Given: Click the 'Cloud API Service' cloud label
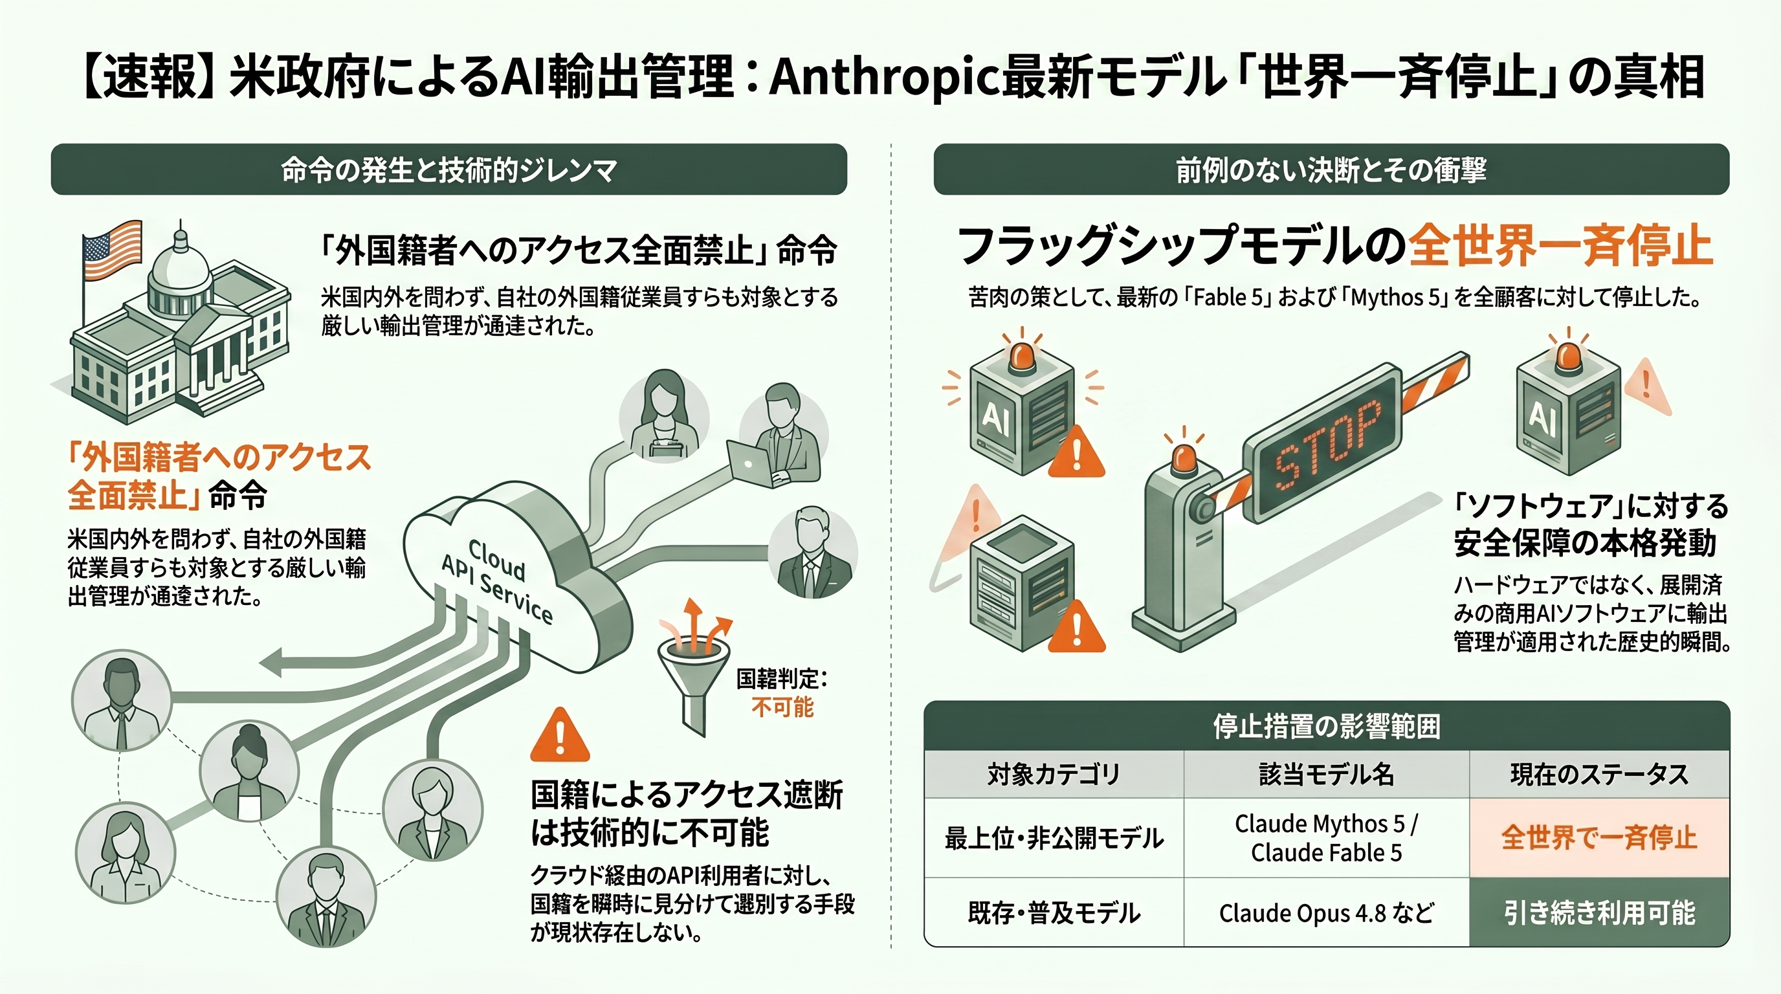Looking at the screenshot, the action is click(497, 580).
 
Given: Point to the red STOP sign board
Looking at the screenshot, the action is click(1322, 443).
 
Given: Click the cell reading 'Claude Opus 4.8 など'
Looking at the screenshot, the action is click(1326, 913).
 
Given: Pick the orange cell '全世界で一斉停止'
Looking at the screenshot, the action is click(1598, 838).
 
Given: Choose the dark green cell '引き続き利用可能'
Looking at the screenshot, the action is click(1598, 913).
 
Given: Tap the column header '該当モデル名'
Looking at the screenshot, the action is click(1326, 775).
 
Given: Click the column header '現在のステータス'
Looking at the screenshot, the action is click(1598, 775).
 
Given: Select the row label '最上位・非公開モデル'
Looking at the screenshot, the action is click(1054, 839).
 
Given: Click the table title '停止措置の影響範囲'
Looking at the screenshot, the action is click(1326, 727).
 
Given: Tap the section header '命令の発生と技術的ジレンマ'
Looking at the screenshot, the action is click(448, 170).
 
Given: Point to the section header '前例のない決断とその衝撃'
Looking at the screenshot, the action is click(1331, 170).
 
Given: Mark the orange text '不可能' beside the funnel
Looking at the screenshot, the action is click(782, 707).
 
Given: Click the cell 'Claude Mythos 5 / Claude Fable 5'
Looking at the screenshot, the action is click(1326, 838).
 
